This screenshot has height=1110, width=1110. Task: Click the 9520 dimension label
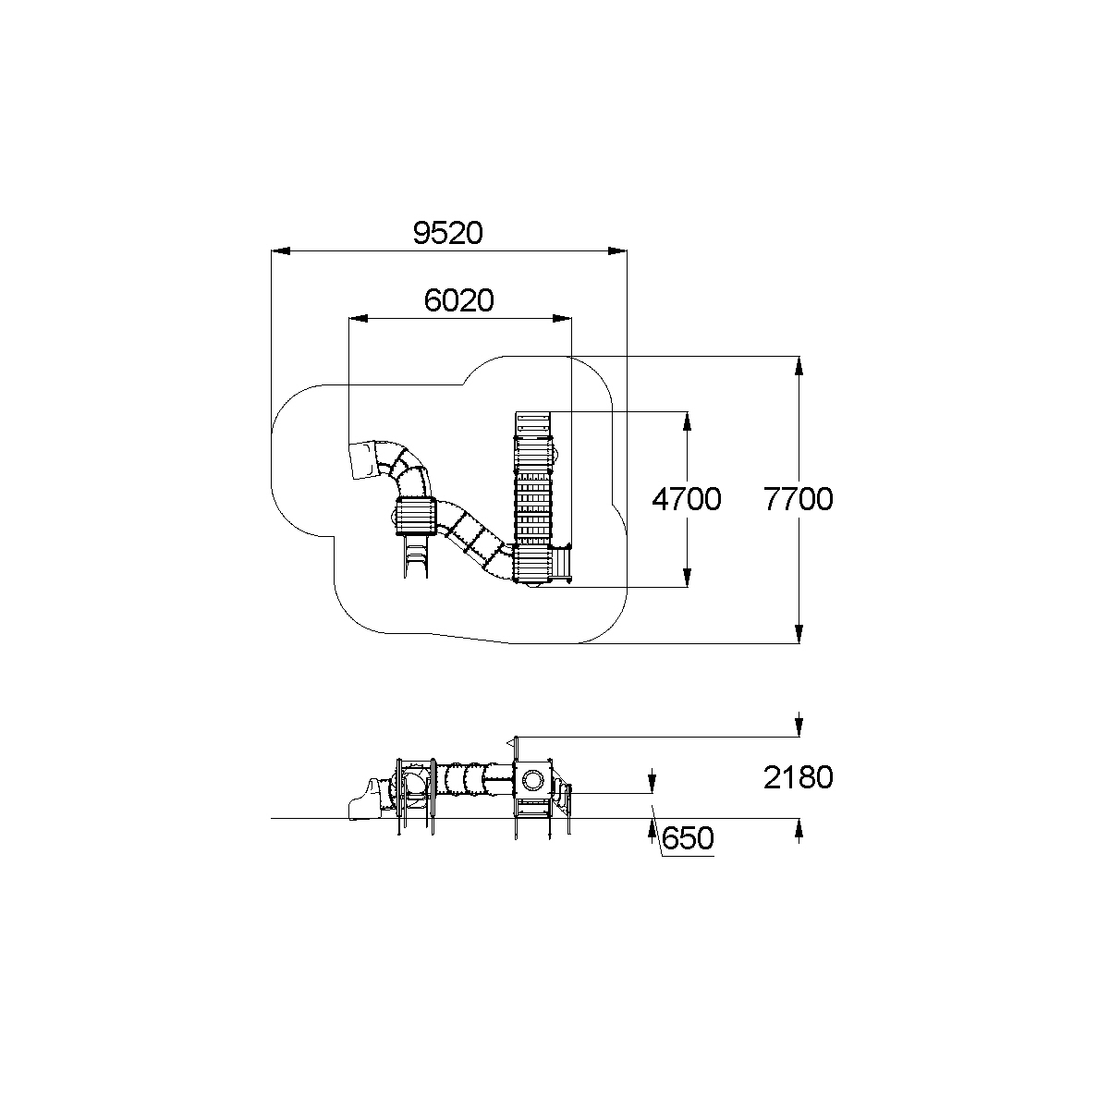point(447,233)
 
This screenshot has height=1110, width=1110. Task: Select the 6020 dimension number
point(459,300)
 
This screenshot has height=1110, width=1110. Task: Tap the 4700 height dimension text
point(687,499)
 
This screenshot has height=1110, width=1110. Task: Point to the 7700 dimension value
point(799,499)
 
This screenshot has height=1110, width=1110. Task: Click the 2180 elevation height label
point(799,777)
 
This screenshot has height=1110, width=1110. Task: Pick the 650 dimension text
point(688,838)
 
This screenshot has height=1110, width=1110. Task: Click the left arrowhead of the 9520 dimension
point(281,250)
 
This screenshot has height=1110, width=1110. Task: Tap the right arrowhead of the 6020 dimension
point(562,319)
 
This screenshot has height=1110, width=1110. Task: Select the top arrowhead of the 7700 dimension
point(799,366)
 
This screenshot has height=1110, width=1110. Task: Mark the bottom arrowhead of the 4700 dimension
point(687,578)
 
